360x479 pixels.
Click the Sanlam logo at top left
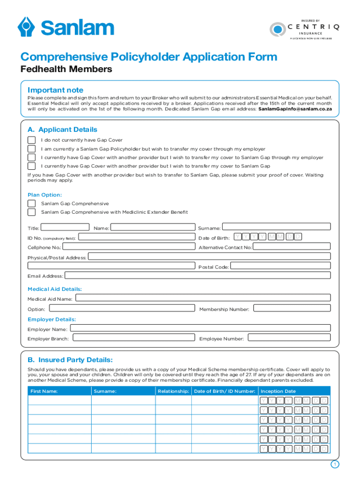(65, 27)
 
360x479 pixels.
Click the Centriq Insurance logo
(304, 29)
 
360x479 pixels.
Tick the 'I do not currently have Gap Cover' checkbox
(31, 140)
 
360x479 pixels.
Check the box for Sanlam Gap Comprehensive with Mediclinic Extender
(31, 212)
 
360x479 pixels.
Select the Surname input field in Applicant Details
(276, 228)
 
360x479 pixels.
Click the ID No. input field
(136, 238)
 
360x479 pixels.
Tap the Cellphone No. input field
(129, 247)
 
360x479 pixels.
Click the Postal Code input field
(281, 266)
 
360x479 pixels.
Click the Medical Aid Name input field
(203, 298)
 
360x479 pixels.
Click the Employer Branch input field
(133, 338)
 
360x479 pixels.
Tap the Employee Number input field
(289, 338)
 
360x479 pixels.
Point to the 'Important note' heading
(55, 90)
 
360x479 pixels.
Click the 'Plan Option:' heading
(44, 195)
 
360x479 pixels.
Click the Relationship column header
(173, 391)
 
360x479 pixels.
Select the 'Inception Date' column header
(278, 391)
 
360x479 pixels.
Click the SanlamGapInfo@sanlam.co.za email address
(295, 109)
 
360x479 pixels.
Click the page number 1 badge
(334, 464)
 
